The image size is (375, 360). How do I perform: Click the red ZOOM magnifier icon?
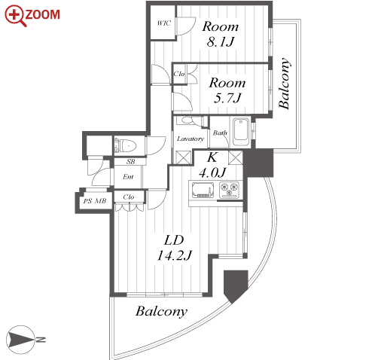pyautogui.click(x=15, y=16)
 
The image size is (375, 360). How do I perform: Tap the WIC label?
pyautogui.click(x=164, y=23)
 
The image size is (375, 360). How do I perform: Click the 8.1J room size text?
pyautogui.click(x=221, y=41)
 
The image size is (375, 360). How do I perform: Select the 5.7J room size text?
pyautogui.click(x=227, y=98)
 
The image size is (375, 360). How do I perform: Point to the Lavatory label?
pyautogui.click(x=191, y=139)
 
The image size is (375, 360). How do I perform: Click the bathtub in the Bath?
pyautogui.click(x=241, y=133)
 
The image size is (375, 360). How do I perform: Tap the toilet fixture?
pyautogui.click(x=125, y=145)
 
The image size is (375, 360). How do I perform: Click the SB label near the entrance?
pyautogui.click(x=130, y=162)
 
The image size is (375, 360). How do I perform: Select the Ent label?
pyautogui.click(x=128, y=177)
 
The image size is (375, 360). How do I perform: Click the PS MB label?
pyautogui.click(x=95, y=201)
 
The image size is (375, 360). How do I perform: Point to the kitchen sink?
pyautogui.click(x=203, y=190)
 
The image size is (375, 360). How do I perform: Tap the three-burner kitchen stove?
pyautogui.click(x=230, y=190)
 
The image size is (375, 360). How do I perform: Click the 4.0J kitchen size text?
pyautogui.click(x=212, y=172)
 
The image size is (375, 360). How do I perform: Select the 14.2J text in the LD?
pyautogui.click(x=175, y=255)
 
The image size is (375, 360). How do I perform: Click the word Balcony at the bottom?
pyautogui.click(x=162, y=312)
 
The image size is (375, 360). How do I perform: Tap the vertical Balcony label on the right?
pyautogui.click(x=285, y=84)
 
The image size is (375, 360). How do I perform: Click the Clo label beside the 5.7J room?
pyautogui.click(x=179, y=74)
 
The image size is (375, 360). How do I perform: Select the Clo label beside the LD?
pyautogui.click(x=129, y=197)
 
